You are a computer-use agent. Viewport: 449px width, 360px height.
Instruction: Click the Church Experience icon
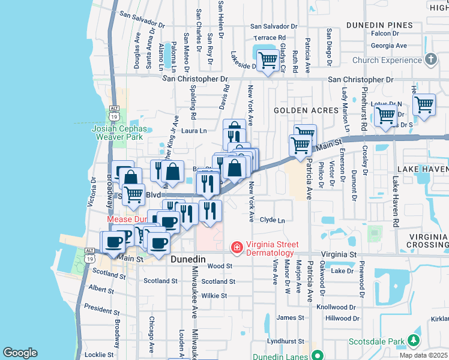click(430, 59)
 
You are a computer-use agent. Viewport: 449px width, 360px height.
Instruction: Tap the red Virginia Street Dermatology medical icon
click(237, 247)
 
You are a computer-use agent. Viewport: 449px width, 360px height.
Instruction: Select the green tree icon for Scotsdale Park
click(413, 341)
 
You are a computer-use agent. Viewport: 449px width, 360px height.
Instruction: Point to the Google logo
click(20, 353)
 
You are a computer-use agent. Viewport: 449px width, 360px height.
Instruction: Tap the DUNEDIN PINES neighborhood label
click(379, 25)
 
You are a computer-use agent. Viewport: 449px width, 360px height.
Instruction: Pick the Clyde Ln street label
click(272, 220)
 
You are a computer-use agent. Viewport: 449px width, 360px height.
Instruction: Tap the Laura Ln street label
click(194, 130)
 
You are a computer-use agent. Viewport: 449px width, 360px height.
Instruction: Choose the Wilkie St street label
click(214, 295)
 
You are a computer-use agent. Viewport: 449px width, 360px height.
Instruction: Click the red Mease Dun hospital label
click(127, 220)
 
